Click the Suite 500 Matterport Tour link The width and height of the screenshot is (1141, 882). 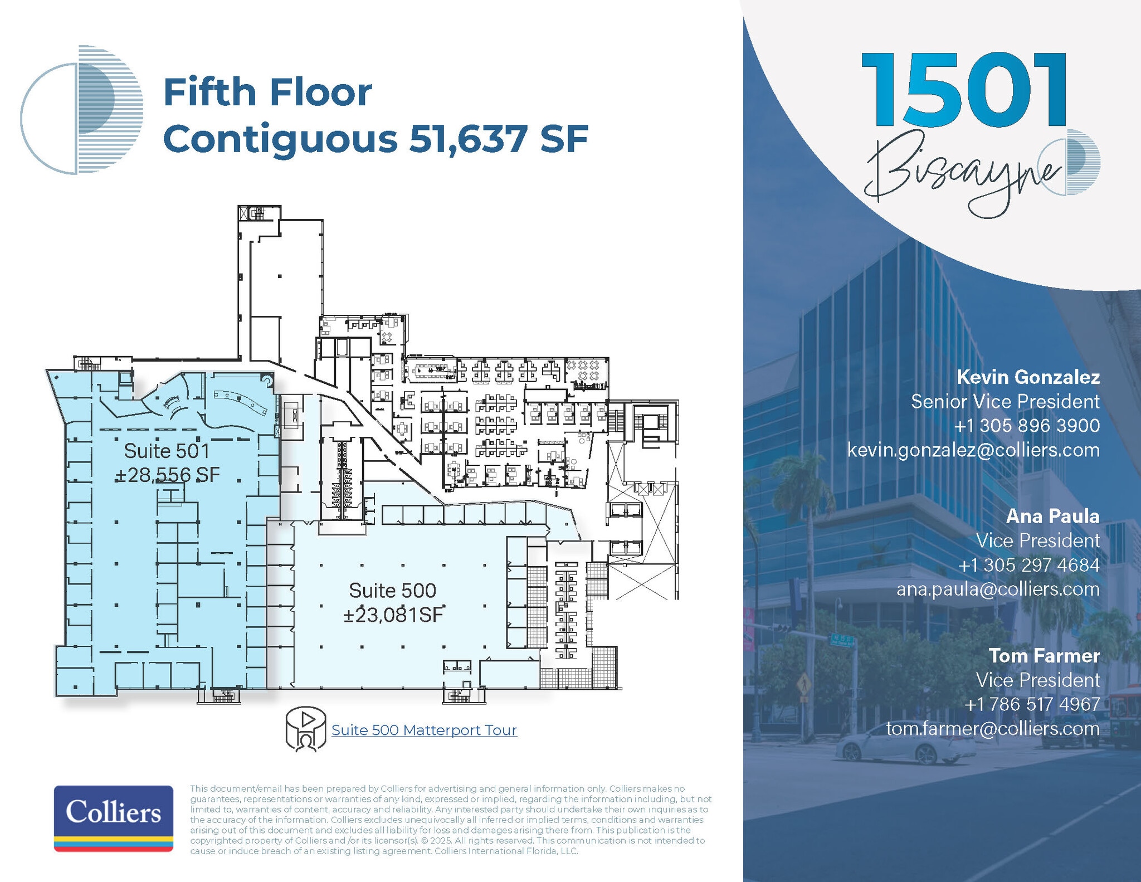tap(424, 730)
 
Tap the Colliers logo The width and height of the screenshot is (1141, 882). tap(114, 817)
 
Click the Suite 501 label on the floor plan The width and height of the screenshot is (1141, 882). tap(167, 451)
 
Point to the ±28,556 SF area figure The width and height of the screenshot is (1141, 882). tap(167, 475)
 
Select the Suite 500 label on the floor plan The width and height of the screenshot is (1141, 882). tap(392, 591)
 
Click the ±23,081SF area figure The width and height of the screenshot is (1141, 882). tap(393, 615)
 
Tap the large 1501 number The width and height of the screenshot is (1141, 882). tap(963, 90)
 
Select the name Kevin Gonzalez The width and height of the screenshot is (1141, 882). tap(1028, 377)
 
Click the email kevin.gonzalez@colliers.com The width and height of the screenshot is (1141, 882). tap(973, 450)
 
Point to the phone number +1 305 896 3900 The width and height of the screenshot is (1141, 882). tap(1027, 426)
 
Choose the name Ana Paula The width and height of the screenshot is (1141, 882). tap(1052, 516)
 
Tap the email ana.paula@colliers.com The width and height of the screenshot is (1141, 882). tap(998, 589)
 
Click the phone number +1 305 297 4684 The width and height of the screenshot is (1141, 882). tap(1028, 565)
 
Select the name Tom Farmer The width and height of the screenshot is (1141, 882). tap(1044, 656)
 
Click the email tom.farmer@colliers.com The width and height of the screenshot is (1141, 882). tap(993, 728)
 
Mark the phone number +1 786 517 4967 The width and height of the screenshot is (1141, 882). tap(1032, 704)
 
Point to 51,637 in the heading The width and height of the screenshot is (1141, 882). tap(468, 139)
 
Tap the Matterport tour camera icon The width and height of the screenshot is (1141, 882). tap(305, 730)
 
